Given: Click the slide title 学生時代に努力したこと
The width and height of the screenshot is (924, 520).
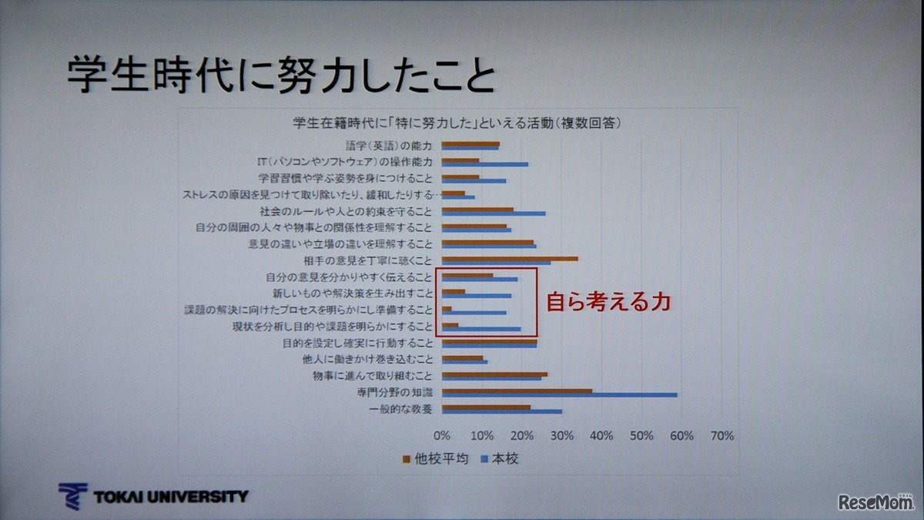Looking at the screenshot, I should (281, 75).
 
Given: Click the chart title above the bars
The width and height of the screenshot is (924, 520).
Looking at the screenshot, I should (457, 123).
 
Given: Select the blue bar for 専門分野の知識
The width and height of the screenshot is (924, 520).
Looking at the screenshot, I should (560, 394).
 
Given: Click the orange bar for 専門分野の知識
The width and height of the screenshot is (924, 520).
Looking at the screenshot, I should (517, 390).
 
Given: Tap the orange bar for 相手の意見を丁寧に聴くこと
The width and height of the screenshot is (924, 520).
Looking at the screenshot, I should (510, 258).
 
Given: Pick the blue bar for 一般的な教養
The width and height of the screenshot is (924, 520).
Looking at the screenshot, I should (502, 411).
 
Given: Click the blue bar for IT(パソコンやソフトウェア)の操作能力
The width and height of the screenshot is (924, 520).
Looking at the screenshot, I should (485, 164).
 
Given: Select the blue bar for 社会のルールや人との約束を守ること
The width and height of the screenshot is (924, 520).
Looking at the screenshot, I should (494, 213).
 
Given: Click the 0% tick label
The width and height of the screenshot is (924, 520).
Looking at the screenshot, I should (442, 436).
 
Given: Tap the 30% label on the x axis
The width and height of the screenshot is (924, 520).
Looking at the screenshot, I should (561, 436).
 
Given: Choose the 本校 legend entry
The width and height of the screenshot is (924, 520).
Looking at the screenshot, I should (500, 459).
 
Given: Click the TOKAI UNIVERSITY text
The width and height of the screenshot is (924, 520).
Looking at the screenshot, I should (170, 496).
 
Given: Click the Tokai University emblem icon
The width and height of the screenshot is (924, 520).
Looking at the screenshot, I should (72, 496).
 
